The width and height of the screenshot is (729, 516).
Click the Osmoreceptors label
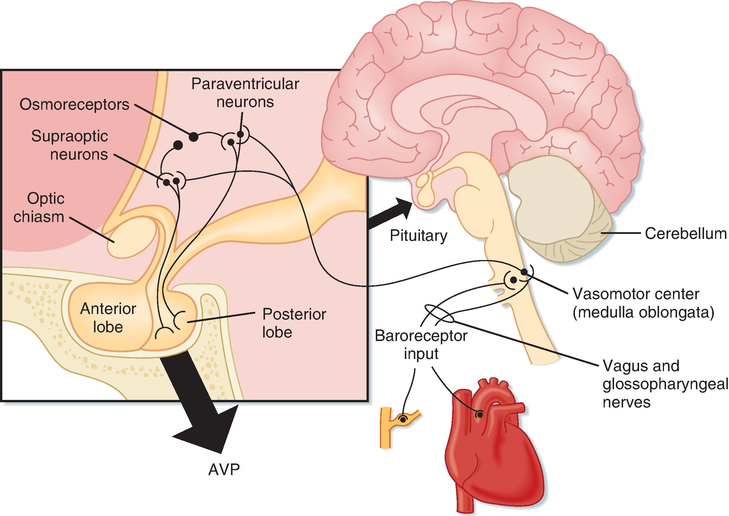tap(74, 104)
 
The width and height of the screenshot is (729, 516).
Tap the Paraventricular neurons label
tap(245, 93)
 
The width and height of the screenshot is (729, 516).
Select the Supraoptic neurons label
tap(70, 145)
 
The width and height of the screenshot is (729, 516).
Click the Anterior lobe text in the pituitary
tap(108, 317)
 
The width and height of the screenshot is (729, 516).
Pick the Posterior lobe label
tap(294, 323)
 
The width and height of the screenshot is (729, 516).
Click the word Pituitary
tap(418, 235)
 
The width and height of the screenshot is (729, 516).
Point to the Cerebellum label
tap(685, 234)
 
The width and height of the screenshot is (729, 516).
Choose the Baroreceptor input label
tap(421, 344)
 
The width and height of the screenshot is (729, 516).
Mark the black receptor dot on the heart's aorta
tap(480, 414)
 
